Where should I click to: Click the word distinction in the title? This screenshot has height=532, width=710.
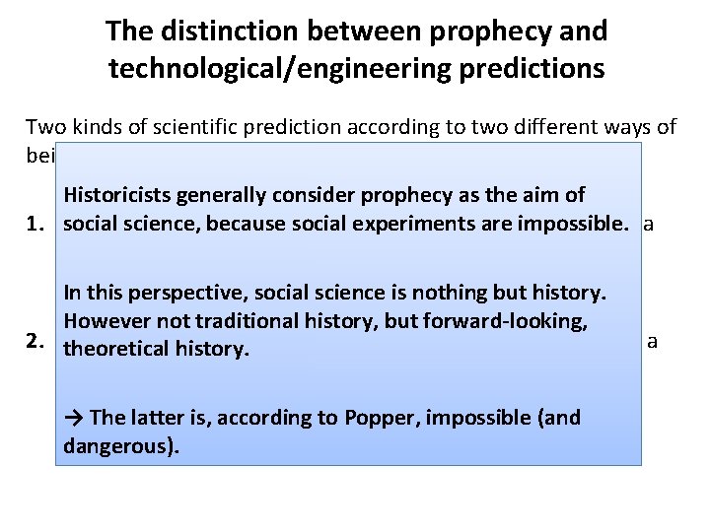coord(218,31)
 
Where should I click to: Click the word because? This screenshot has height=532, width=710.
coord(224,224)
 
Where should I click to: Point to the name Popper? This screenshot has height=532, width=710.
coord(381,417)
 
